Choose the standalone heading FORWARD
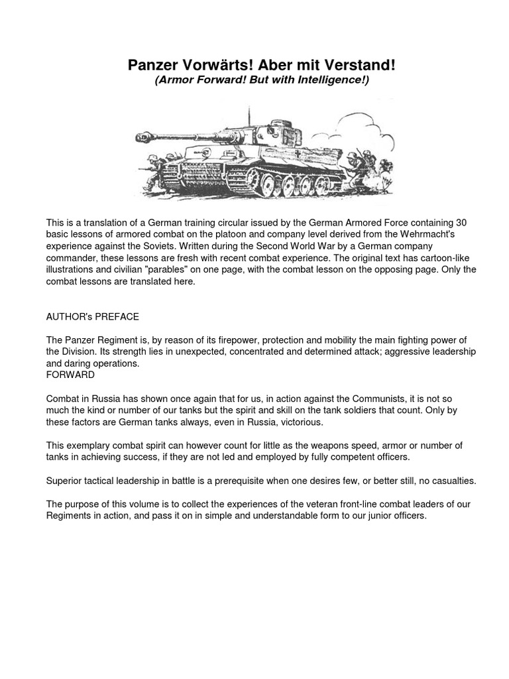tap(70, 375)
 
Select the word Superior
tap(66, 481)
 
